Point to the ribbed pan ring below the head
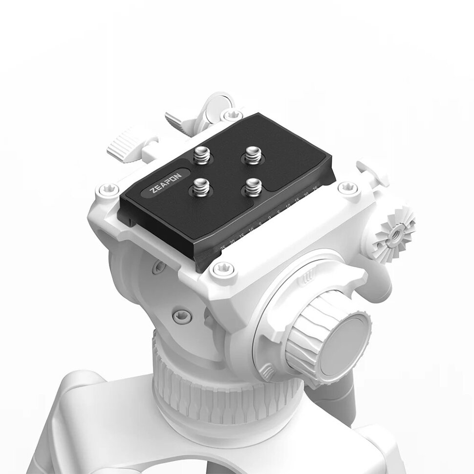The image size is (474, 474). point(230,391)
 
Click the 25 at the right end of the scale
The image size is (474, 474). point(315,189)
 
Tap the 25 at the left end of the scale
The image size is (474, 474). point(223,248)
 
